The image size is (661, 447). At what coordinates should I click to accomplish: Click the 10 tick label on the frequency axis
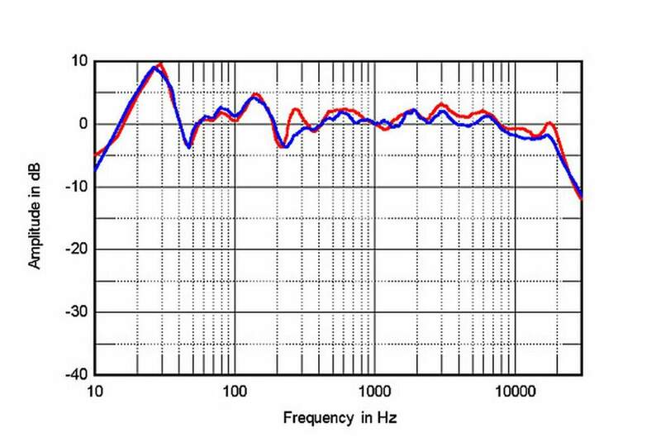click(94, 389)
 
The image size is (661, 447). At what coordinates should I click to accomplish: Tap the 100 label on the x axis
click(235, 389)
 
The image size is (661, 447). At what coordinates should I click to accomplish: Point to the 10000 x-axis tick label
click(515, 389)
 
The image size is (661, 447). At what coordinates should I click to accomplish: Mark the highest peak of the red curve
click(160, 64)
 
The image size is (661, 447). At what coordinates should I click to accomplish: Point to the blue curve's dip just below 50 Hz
click(188, 147)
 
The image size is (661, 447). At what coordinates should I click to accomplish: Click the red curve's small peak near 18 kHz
click(549, 123)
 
